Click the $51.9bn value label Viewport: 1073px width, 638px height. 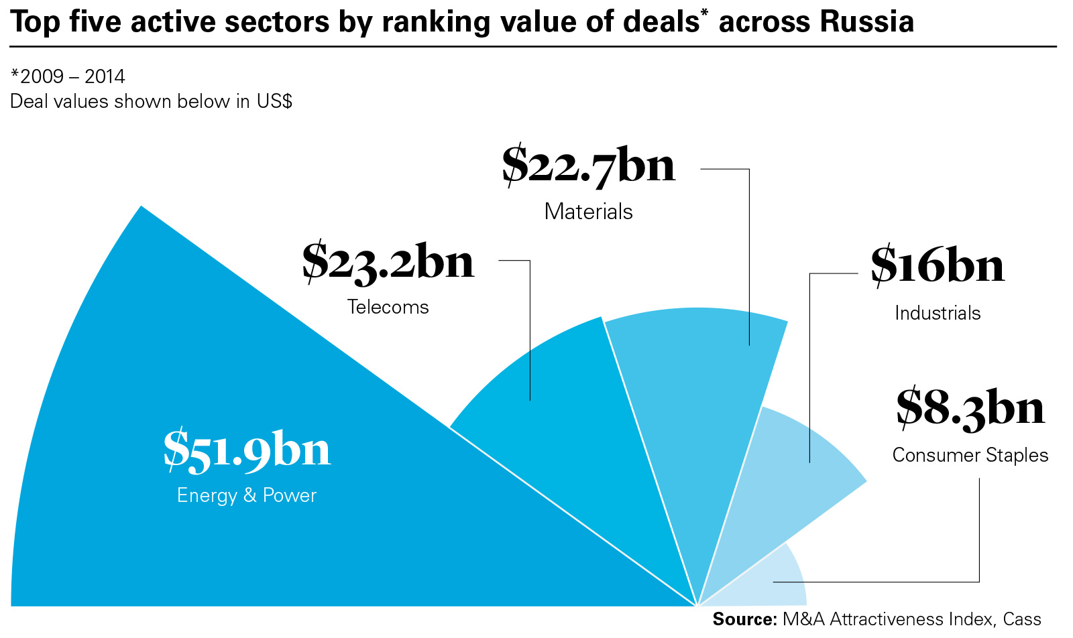tap(247, 450)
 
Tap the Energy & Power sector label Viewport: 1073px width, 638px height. tap(247, 496)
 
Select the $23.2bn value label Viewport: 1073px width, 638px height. tap(388, 262)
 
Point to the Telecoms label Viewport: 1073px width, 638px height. tap(388, 307)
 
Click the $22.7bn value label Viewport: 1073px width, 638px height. tap(589, 166)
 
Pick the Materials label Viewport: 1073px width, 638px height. tap(589, 212)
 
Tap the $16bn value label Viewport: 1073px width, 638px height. tap(938, 266)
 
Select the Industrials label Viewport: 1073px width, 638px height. tap(938, 313)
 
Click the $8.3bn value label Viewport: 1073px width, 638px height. tap(970, 408)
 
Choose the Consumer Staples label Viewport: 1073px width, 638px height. tap(970, 455)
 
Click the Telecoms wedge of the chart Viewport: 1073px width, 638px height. tap(570, 429)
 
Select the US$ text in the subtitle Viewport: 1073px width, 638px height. tap(274, 102)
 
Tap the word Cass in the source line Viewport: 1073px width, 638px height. tap(1022, 619)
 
